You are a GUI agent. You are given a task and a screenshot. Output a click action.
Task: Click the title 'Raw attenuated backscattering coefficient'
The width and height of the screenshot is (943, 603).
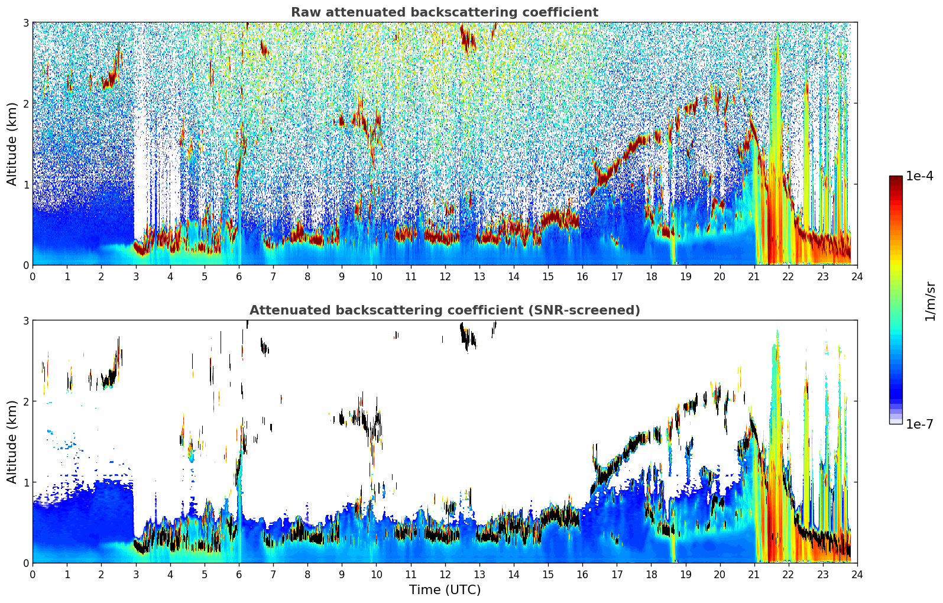click(x=444, y=12)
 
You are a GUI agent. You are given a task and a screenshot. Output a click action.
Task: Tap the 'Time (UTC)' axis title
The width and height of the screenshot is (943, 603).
click(x=445, y=590)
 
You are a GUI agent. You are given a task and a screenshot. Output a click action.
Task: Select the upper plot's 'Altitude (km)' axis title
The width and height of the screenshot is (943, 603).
click(x=12, y=144)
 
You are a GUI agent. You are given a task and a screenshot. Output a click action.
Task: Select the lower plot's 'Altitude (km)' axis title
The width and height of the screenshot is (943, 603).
click(x=12, y=442)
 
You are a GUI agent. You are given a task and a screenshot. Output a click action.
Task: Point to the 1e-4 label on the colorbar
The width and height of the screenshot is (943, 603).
click(x=919, y=176)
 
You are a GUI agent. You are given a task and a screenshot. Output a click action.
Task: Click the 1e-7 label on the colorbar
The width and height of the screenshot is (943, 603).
click(x=919, y=424)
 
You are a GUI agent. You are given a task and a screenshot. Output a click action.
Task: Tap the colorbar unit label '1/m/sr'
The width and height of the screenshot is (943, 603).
click(x=930, y=301)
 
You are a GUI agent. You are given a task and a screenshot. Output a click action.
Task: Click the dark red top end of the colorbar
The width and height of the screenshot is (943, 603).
click(x=896, y=179)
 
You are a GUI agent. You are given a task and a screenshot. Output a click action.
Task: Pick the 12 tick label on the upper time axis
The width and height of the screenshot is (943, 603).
click(x=445, y=277)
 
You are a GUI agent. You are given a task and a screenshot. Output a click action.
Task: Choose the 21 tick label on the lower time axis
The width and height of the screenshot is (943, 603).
click(x=754, y=575)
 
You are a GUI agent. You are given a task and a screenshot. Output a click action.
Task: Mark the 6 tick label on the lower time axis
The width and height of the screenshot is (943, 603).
click(x=239, y=575)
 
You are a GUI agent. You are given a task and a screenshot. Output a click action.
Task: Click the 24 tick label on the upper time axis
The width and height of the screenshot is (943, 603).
click(x=857, y=277)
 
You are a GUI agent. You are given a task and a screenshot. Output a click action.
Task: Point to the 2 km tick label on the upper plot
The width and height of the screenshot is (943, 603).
click(x=25, y=103)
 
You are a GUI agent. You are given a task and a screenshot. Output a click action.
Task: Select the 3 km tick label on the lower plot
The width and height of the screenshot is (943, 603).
click(x=25, y=320)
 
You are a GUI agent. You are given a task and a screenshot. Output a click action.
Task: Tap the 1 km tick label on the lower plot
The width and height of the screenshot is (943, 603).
click(x=25, y=482)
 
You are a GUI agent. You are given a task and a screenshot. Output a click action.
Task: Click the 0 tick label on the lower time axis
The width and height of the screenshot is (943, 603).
click(x=33, y=575)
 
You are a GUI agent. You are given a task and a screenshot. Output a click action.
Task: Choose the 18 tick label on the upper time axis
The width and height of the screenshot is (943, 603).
click(x=651, y=277)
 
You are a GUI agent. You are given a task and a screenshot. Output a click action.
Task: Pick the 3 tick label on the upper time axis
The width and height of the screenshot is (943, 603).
click(x=135, y=277)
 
